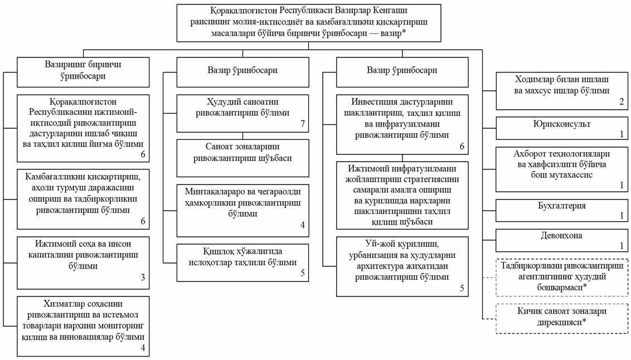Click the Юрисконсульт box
coord(562,128)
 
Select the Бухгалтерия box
coord(562,210)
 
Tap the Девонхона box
coord(562,241)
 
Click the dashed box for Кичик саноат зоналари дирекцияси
coord(562,318)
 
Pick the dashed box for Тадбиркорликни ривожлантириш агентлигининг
coord(562,278)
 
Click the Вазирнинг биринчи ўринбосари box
coord(83,72)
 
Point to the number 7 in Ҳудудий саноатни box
coord(303,124)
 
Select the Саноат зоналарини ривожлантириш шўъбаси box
coord(242,158)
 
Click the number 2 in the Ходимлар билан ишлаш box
coord(622,102)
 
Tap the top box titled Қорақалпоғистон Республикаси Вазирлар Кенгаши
coord(309,23)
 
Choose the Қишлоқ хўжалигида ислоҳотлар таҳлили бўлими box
coord(242,262)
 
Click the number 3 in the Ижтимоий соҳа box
coord(143,277)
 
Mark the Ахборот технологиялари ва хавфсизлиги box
coord(562,169)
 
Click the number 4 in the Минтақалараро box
coord(303,225)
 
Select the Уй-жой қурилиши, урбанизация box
coord(402,266)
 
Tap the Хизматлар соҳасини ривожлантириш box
coord(83,326)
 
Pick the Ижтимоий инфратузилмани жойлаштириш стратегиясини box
coord(402,195)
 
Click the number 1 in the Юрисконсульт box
coord(622,134)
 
